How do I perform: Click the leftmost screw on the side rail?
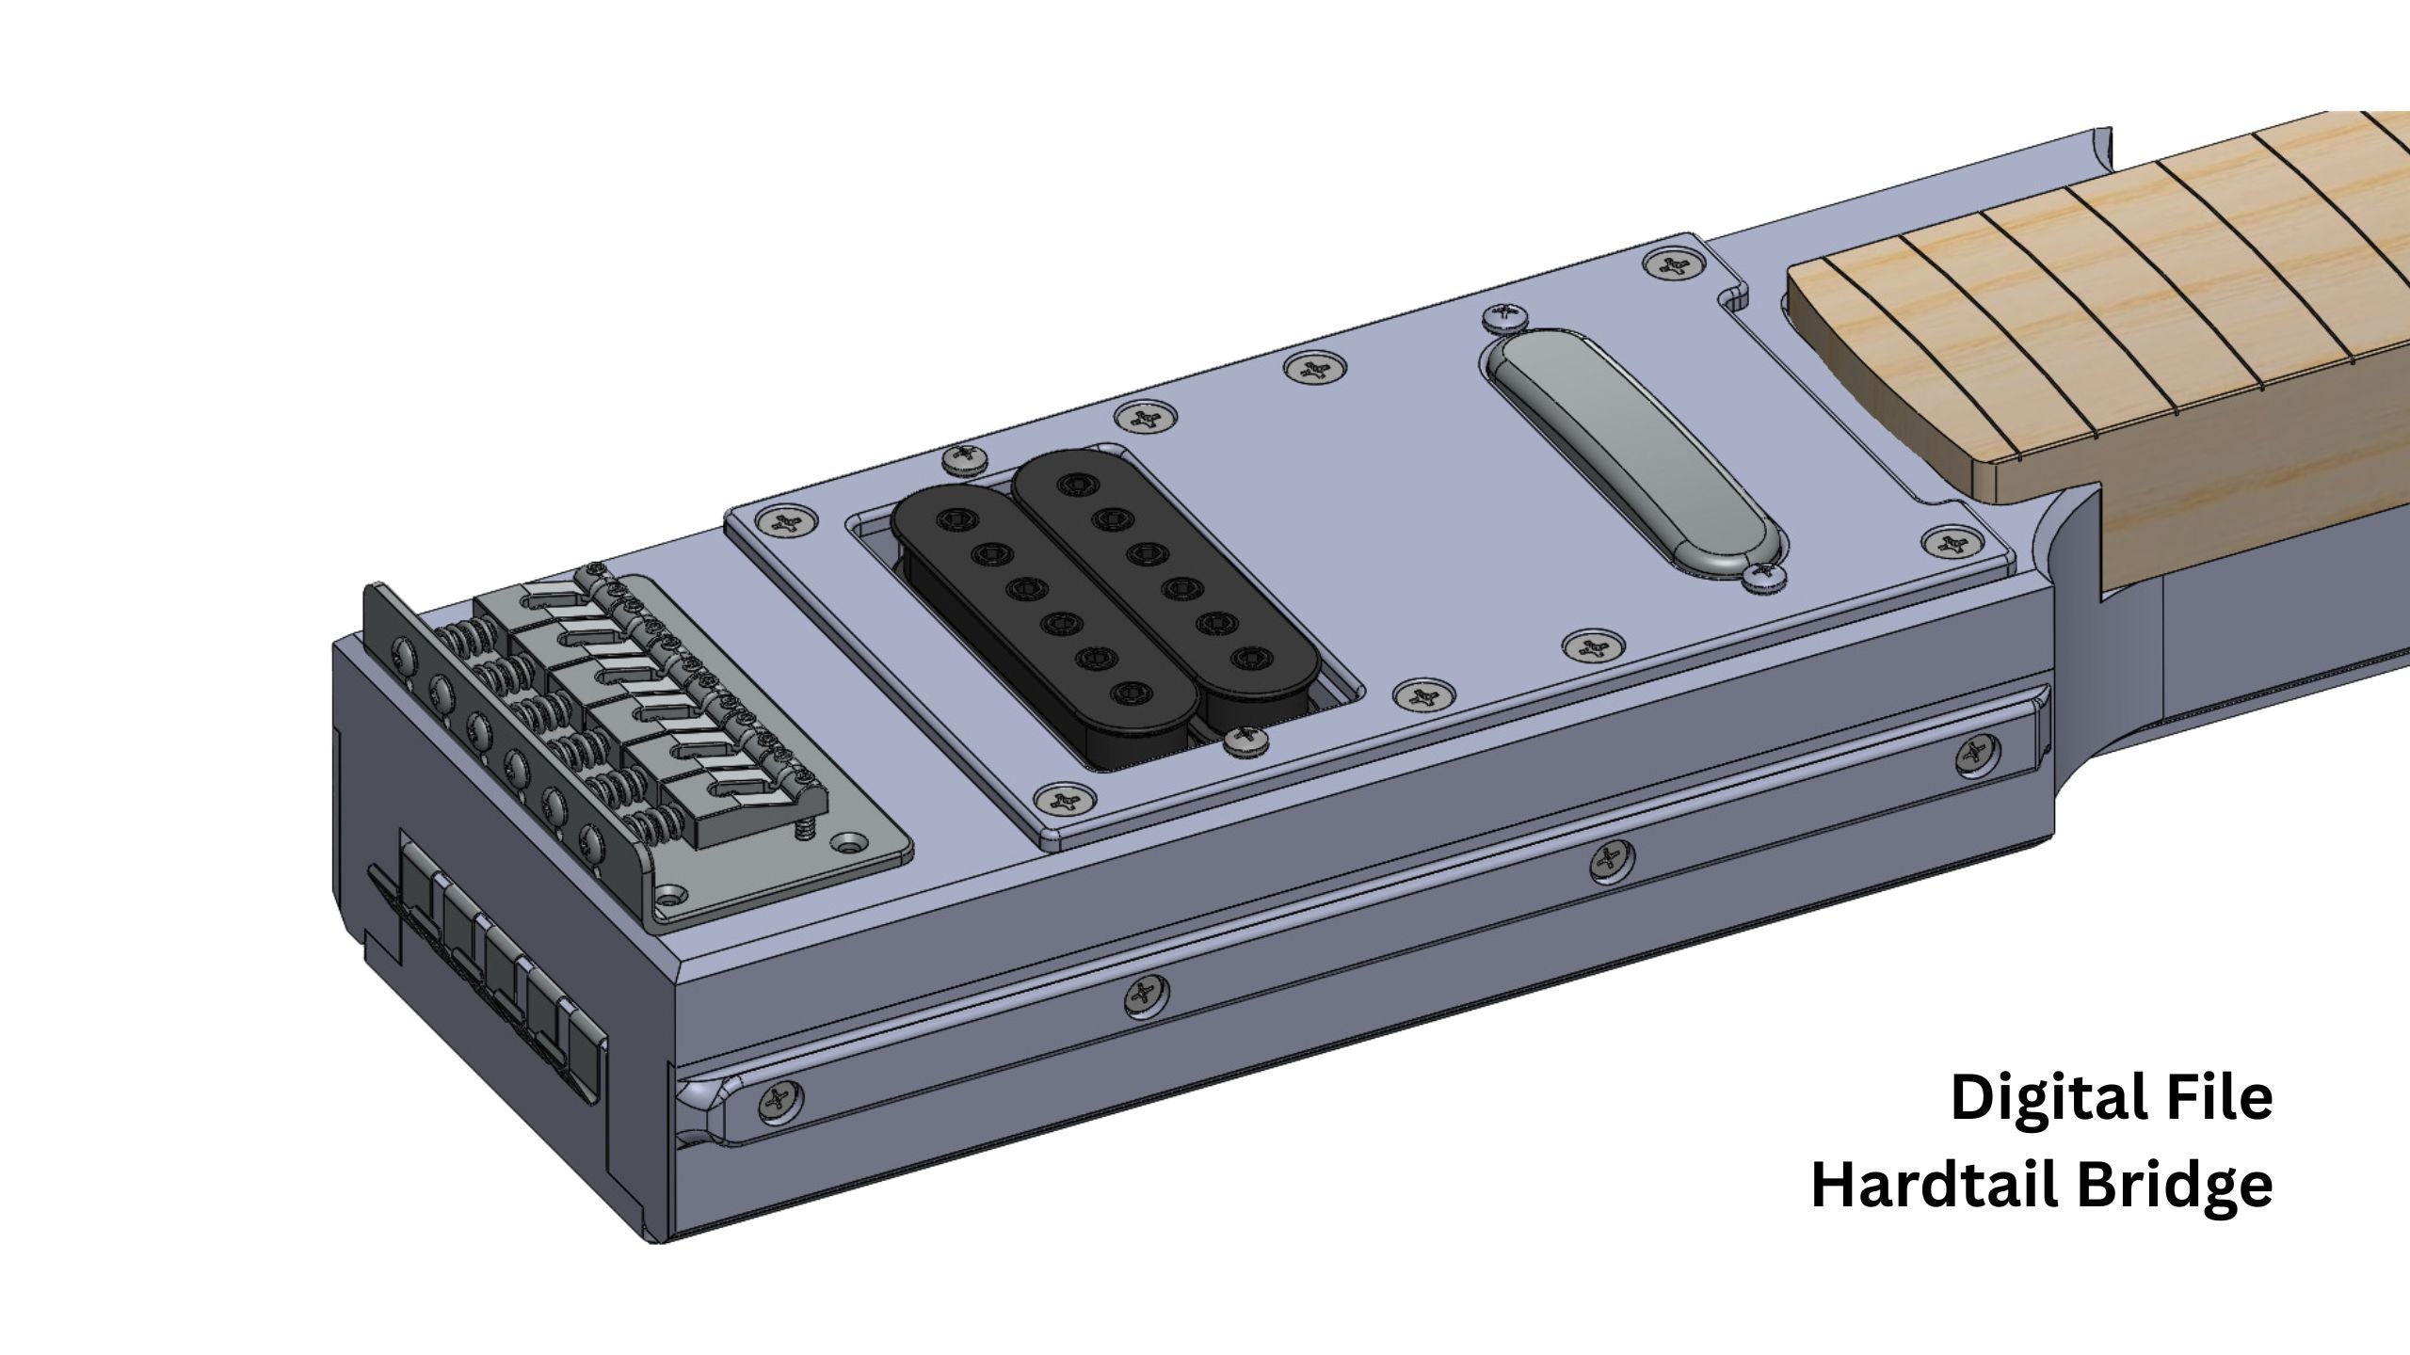781,1098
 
